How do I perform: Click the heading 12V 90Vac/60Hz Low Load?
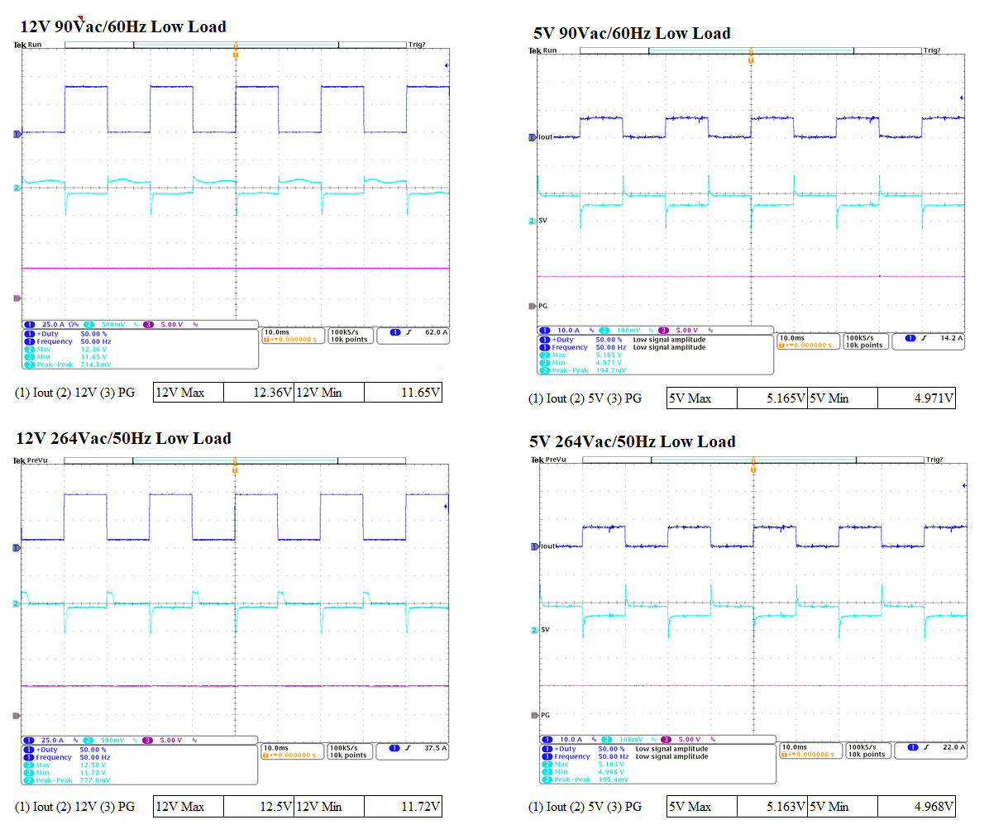click(x=122, y=26)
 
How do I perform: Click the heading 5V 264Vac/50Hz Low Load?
click(x=633, y=441)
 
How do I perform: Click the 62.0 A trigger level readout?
click(x=435, y=332)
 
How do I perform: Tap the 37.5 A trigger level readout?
click(x=435, y=748)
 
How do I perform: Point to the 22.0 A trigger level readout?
click(x=953, y=747)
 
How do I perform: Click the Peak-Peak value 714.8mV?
click(x=95, y=364)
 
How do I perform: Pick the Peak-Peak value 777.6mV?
click(x=94, y=779)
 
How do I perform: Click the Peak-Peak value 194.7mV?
click(x=611, y=370)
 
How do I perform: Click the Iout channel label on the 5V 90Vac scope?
click(x=545, y=137)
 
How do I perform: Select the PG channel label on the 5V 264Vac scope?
click(x=545, y=715)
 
